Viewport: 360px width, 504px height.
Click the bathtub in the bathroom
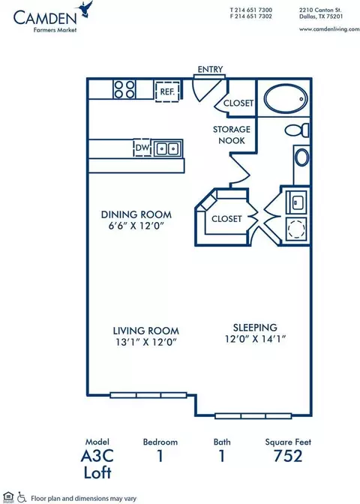(286, 99)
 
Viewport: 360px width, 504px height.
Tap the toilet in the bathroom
(297, 130)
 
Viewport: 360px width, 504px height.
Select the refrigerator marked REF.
(167, 91)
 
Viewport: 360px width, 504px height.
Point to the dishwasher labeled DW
(142, 148)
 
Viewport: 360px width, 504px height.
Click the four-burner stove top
(124, 89)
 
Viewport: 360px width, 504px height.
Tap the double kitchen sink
(167, 148)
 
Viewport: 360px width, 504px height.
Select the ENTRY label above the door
(210, 69)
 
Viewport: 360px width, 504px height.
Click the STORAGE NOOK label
(232, 135)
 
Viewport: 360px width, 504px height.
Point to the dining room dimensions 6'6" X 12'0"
(136, 226)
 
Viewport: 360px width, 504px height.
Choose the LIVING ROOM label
(146, 331)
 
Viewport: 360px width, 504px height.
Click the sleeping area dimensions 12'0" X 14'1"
(256, 339)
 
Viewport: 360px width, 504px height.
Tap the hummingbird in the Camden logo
(85, 9)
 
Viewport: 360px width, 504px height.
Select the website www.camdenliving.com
(329, 29)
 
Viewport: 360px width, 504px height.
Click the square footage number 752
(288, 456)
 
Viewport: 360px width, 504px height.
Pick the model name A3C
(97, 456)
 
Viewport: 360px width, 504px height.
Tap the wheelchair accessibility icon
(22, 497)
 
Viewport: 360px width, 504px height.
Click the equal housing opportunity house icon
(8, 497)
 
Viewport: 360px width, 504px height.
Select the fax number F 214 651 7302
(251, 16)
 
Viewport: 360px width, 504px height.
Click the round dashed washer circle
(296, 229)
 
